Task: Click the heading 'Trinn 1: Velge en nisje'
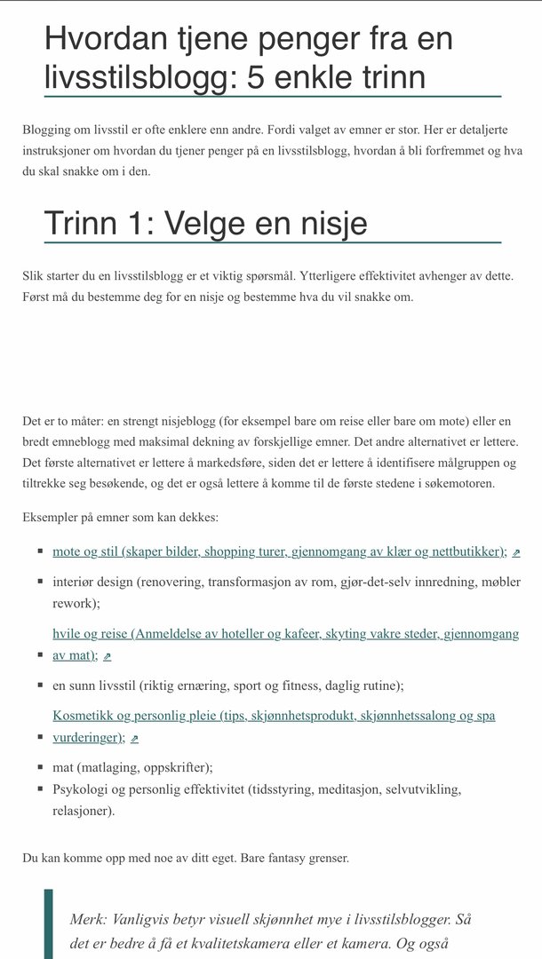205,223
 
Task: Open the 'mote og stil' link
279,551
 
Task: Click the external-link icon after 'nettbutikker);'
516,552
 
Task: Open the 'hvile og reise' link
285,634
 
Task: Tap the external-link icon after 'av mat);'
108,656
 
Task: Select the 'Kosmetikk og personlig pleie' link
274,716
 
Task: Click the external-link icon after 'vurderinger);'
135,739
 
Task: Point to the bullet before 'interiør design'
41,583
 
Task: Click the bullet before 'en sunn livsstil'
41,686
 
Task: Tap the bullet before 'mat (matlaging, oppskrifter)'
41,768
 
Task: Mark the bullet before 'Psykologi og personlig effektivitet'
41,789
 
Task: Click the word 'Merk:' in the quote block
88,919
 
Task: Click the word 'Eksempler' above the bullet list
51,517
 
